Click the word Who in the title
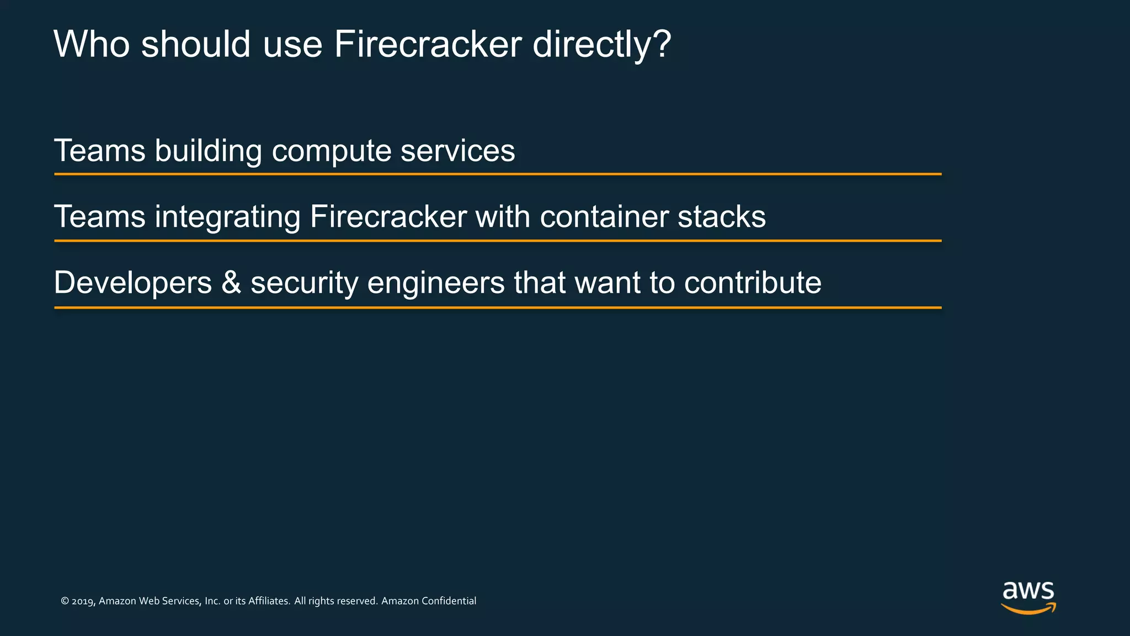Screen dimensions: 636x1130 pyautogui.click(x=92, y=44)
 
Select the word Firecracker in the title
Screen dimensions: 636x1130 pyautogui.click(x=428, y=44)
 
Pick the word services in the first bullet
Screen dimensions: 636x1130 pyautogui.click(x=457, y=151)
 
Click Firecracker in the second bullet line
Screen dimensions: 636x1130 pyautogui.click(x=388, y=216)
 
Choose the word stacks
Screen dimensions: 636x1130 pyautogui.click(x=721, y=216)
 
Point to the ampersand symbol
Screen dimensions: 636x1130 pyautogui.click(x=231, y=283)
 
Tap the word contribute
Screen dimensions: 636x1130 pyautogui.click(x=753, y=283)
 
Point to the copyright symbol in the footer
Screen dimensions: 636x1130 pyautogui.click(x=65, y=601)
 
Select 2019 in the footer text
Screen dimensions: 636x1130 pyautogui.click(x=83, y=601)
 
